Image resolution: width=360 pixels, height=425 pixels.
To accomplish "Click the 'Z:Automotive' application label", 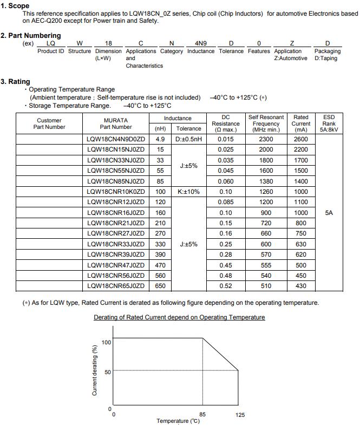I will (291, 58).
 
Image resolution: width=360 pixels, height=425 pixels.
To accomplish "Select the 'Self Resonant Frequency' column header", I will (266, 123).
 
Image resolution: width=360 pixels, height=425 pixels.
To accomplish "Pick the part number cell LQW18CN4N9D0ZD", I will (116, 139).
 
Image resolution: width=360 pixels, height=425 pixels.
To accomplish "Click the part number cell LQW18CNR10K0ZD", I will (116, 192).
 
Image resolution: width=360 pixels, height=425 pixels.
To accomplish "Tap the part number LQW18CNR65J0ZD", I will (116, 286).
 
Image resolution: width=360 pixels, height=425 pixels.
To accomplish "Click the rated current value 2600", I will (300, 139).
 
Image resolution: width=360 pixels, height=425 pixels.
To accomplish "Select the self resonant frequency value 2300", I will (266, 139).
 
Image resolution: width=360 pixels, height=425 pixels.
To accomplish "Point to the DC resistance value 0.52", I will (225, 286).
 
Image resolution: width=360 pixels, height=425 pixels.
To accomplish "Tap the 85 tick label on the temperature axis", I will (202, 415).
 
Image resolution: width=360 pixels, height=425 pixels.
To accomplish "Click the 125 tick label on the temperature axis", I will (240, 415).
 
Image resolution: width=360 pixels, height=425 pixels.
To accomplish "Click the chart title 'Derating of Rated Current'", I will (179, 317).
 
